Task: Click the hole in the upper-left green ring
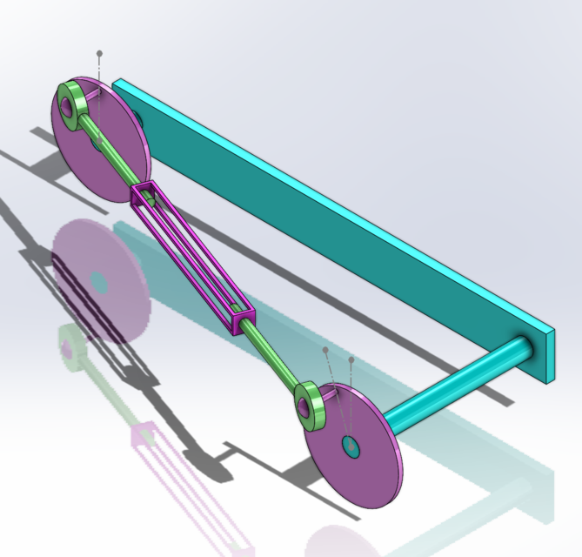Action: point(67,105)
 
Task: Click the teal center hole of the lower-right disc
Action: point(351,447)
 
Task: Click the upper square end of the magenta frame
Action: point(145,196)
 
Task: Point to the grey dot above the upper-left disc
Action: point(99,54)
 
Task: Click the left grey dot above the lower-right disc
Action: point(325,351)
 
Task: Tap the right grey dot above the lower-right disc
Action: point(351,359)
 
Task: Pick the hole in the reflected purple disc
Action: point(98,283)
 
